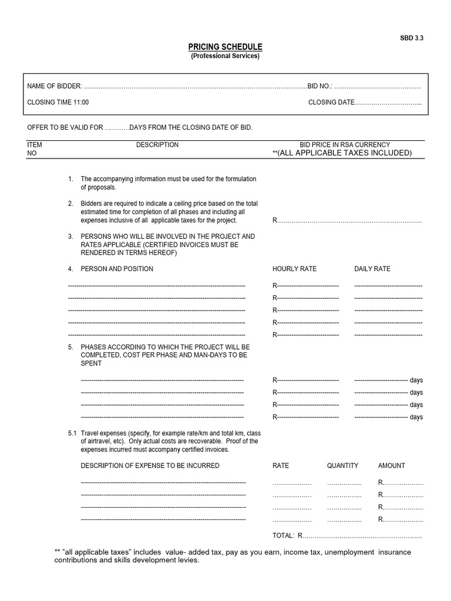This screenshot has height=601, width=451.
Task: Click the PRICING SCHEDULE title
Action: pyautogui.click(x=225, y=47)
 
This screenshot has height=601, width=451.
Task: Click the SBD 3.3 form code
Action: pyautogui.click(x=411, y=38)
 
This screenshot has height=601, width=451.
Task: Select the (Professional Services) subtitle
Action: pyautogui.click(x=225, y=56)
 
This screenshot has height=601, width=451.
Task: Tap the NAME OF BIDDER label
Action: pyautogui.click(x=55, y=86)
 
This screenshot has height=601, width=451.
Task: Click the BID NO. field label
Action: pyautogui.click(x=320, y=86)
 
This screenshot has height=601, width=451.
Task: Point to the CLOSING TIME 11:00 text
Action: pyautogui.click(x=58, y=102)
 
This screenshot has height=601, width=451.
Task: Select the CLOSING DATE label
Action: pyautogui.click(x=331, y=102)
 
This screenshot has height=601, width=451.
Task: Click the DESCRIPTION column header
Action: pyautogui.click(x=157, y=144)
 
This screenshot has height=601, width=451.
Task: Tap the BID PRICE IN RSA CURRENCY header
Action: pyautogui.click(x=345, y=144)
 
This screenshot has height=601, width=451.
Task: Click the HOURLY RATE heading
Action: pyautogui.click(x=294, y=269)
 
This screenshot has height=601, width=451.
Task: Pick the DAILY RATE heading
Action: pyautogui.click(x=372, y=269)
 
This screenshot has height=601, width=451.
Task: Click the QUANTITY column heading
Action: pyautogui.click(x=342, y=465)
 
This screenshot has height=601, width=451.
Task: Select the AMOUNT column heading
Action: pyautogui.click(x=391, y=465)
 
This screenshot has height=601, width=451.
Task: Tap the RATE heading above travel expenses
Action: pyautogui.click(x=281, y=465)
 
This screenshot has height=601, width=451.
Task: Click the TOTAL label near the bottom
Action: pyautogui.click(x=283, y=535)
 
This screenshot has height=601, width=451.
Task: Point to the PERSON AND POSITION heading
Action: pyautogui.click(x=117, y=269)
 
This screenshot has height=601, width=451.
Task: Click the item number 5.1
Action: pyautogui.click(x=72, y=433)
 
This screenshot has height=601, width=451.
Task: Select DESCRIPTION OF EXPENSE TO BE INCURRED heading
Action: pyautogui.click(x=150, y=465)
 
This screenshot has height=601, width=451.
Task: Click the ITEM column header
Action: pyautogui.click(x=35, y=144)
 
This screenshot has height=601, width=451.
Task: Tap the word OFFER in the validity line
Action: pyautogui.click(x=38, y=127)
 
